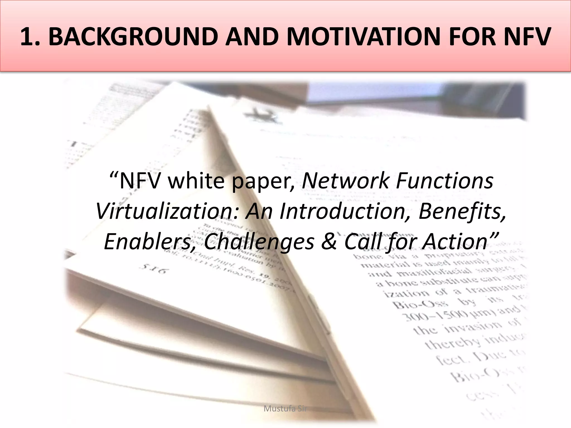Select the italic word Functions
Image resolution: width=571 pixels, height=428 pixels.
tap(444, 181)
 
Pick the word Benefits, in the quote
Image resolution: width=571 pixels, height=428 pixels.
tap(462, 211)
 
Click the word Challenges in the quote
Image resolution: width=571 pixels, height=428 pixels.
tap(259, 242)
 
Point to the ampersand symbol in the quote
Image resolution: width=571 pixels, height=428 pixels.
tap(329, 242)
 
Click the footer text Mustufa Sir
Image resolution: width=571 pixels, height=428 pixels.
tap(285, 409)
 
